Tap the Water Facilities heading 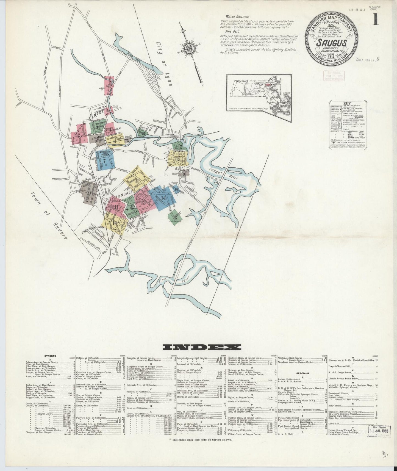click(238, 16)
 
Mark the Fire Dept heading click(230, 32)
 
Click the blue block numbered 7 click(105, 161)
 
